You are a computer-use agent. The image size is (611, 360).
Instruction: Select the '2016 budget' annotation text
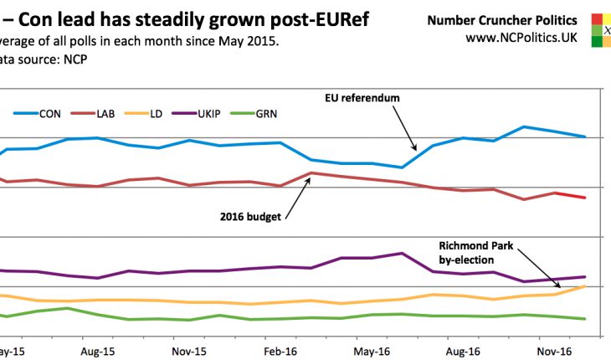point(250,216)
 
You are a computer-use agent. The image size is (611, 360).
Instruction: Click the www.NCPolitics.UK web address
point(521,38)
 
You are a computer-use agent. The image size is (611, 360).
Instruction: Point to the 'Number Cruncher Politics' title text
point(513,19)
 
